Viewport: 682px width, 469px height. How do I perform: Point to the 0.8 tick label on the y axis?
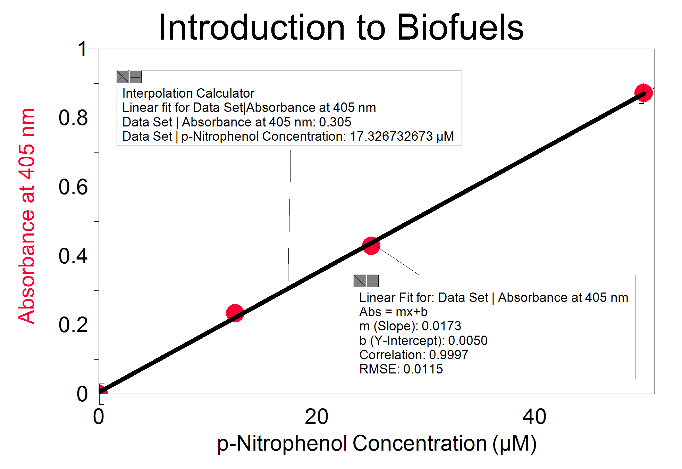73,118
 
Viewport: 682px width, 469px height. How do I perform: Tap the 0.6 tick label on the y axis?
73,187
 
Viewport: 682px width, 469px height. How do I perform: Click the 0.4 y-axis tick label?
73,256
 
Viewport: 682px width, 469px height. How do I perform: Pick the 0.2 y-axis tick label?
73,325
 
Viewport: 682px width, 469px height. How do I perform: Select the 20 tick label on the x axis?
317,417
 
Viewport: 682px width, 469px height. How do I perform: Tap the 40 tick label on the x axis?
534,417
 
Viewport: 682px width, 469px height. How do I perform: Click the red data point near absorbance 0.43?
371,246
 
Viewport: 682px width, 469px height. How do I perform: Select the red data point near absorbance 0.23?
235,313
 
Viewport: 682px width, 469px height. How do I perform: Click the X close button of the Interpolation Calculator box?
123,77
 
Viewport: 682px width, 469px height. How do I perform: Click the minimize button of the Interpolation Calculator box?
136,77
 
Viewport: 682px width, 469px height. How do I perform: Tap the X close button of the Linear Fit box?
360,281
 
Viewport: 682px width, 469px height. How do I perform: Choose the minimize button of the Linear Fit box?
373,281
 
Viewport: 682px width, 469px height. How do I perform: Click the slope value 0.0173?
441,326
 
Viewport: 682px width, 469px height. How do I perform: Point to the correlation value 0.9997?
448,355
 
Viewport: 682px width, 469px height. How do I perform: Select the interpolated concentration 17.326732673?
391,137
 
